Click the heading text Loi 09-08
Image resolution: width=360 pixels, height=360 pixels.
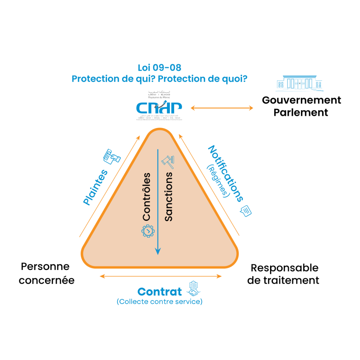tap(160, 68)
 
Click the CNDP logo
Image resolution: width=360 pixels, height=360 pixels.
tap(159, 107)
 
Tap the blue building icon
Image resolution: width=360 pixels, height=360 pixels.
tap(299, 84)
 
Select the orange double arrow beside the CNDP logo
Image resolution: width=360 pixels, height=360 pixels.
tap(221, 108)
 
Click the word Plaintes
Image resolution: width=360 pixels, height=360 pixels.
tap(95, 187)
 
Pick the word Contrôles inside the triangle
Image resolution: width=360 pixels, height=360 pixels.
tap(147, 197)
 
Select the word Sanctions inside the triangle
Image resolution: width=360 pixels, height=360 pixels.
tap(169, 197)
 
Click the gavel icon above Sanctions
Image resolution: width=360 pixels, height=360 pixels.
tap(168, 160)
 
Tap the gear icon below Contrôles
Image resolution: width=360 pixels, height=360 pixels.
tap(148, 231)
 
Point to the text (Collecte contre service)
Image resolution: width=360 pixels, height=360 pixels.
tap(160, 302)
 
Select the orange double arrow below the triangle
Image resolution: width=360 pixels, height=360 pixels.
tap(161, 276)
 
